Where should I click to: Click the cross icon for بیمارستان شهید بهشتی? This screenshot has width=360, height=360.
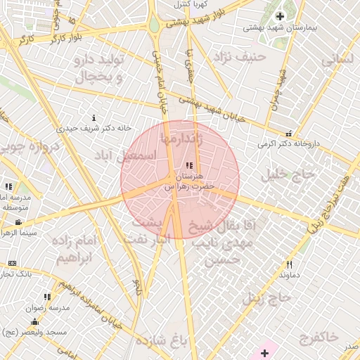pos(281,16)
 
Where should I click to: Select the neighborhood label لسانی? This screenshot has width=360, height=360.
pos(340,60)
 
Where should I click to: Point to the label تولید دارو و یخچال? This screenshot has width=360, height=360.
pos(98,68)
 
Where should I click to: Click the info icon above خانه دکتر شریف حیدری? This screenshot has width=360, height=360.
pos(94,117)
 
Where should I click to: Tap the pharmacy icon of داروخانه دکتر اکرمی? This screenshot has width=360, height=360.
pos(288,134)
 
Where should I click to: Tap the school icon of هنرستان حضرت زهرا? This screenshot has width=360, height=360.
pos(188,165)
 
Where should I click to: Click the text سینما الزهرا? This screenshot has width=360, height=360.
pos(19,233)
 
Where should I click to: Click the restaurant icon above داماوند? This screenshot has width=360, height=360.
pos(289,264)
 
